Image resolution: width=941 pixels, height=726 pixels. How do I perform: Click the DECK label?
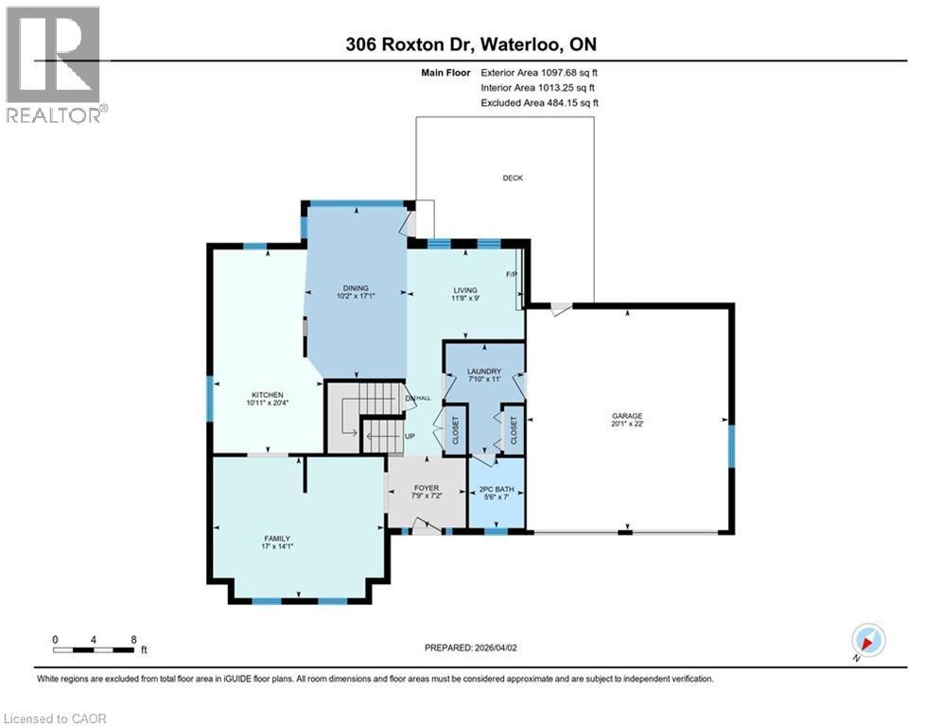click(x=512, y=178)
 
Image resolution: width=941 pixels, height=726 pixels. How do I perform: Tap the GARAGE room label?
click(x=627, y=415)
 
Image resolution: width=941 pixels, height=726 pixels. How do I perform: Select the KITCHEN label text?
click(x=268, y=395)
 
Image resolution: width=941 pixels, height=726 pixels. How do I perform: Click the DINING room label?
click(x=356, y=288)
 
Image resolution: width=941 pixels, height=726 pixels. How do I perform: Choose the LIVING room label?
click(x=464, y=290)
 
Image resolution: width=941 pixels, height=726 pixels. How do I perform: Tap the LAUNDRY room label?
click(x=483, y=372)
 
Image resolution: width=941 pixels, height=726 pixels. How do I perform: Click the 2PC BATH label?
click(x=497, y=489)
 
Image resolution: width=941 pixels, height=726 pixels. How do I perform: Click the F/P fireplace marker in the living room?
click(x=512, y=275)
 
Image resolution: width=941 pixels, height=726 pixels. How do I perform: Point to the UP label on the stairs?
click(x=410, y=437)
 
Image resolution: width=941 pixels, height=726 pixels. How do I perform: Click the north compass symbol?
click(x=867, y=641)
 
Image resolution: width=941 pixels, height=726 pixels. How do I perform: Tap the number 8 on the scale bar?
click(x=133, y=638)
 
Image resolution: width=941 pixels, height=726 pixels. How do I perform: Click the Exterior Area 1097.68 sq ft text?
click(x=539, y=72)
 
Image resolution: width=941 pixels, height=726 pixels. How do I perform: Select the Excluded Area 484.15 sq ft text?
click(x=539, y=102)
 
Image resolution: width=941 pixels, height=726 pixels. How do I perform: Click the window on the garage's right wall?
click(x=731, y=446)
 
